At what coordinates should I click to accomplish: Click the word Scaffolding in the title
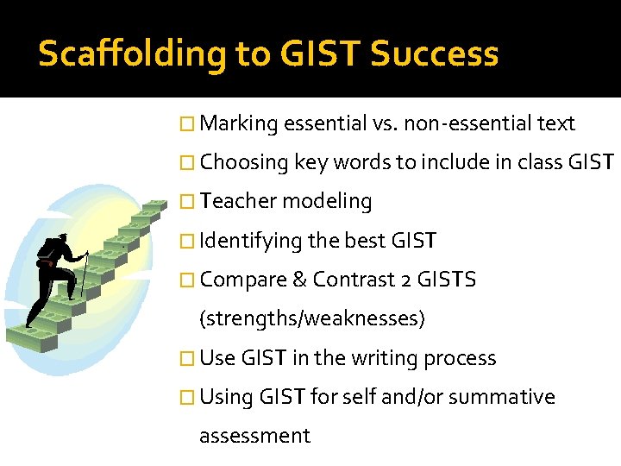(129, 54)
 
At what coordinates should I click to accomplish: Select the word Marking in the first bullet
(239, 124)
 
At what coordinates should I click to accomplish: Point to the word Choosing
(244, 163)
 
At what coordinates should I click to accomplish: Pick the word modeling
(327, 202)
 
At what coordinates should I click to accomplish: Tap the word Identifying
(250, 241)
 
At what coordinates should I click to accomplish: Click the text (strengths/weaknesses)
(312, 319)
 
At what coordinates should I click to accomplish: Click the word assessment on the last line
(254, 436)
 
